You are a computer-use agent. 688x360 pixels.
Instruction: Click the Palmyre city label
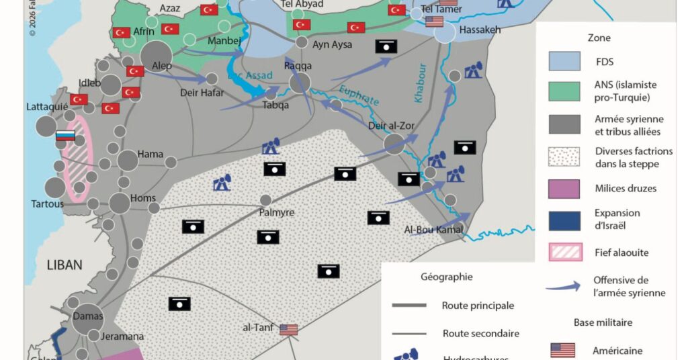[x=277, y=212]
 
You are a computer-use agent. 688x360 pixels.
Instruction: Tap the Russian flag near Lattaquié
[x=64, y=136]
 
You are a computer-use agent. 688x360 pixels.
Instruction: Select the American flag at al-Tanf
[x=288, y=330]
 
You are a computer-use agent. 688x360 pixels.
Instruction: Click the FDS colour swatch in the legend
[x=564, y=61]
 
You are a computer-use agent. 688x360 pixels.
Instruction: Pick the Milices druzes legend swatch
[x=564, y=189]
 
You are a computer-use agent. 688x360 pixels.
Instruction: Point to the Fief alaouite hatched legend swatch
[x=564, y=253]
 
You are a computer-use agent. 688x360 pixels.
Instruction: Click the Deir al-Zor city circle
[x=394, y=143]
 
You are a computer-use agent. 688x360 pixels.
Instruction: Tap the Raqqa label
[x=298, y=66]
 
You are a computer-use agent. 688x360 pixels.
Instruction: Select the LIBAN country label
[x=64, y=265]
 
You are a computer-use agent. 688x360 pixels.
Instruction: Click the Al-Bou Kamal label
[x=434, y=230]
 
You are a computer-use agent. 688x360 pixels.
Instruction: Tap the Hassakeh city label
[x=480, y=31]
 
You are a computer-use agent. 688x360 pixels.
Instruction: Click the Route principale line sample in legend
[x=409, y=306]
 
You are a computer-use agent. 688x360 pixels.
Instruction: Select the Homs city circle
[x=120, y=203]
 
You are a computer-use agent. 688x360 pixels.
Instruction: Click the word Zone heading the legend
[x=599, y=38]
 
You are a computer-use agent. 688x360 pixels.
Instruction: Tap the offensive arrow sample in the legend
[x=564, y=286]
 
